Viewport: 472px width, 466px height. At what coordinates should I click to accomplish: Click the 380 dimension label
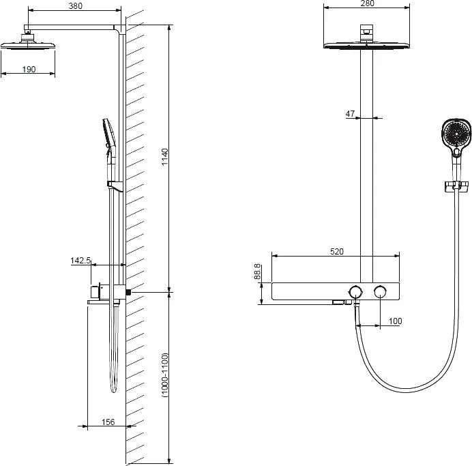pyautogui.click(x=75, y=6)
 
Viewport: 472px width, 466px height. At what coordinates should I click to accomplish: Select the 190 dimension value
pyautogui.click(x=29, y=69)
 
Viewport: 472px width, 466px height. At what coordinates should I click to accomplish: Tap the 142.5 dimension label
pyautogui.click(x=80, y=260)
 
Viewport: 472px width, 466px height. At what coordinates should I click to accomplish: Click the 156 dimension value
pyautogui.click(x=108, y=422)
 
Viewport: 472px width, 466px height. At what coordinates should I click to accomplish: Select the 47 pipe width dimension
pyautogui.click(x=350, y=114)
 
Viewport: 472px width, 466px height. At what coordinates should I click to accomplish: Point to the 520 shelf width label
pyautogui.click(x=336, y=251)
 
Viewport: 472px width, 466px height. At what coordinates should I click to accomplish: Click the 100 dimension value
pyautogui.click(x=395, y=321)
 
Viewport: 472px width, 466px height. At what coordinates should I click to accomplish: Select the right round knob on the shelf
pyautogui.click(x=381, y=292)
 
